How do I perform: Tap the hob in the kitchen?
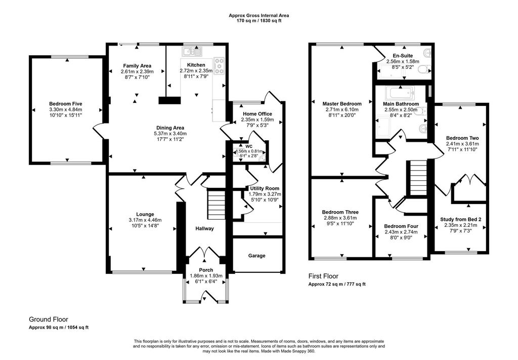click(220, 64)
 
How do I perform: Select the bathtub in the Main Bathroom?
click(400, 94)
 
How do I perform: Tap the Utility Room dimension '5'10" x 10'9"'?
click(264, 199)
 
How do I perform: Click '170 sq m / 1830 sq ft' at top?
click(258, 21)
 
